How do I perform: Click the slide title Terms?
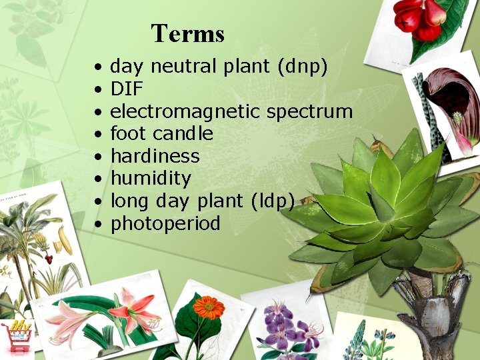coord(187,33)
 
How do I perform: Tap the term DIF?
coord(126,89)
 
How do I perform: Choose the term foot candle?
coord(161,134)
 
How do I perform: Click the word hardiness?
coord(155,156)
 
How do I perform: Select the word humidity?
coord(151,179)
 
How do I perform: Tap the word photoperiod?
coord(165,223)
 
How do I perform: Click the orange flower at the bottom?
coord(208,308)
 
